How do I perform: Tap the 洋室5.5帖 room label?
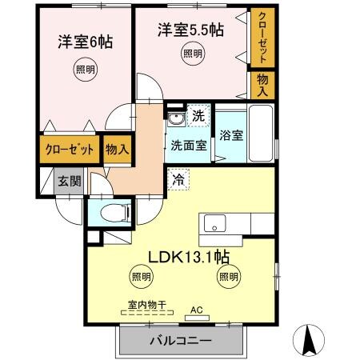[x=190, y=30]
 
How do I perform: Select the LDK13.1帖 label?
[x=190, y=257]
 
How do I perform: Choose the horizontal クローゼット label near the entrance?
[x=70, y=150]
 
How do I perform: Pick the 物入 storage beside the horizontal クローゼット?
[x=117, y=150]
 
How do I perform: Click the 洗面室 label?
[x=189, y=146]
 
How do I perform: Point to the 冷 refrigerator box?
[x=178, y=180]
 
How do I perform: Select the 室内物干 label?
[x=146, y=304]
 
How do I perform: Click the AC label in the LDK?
[x=197, y=309]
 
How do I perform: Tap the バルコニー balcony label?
[x=181, y=342]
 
